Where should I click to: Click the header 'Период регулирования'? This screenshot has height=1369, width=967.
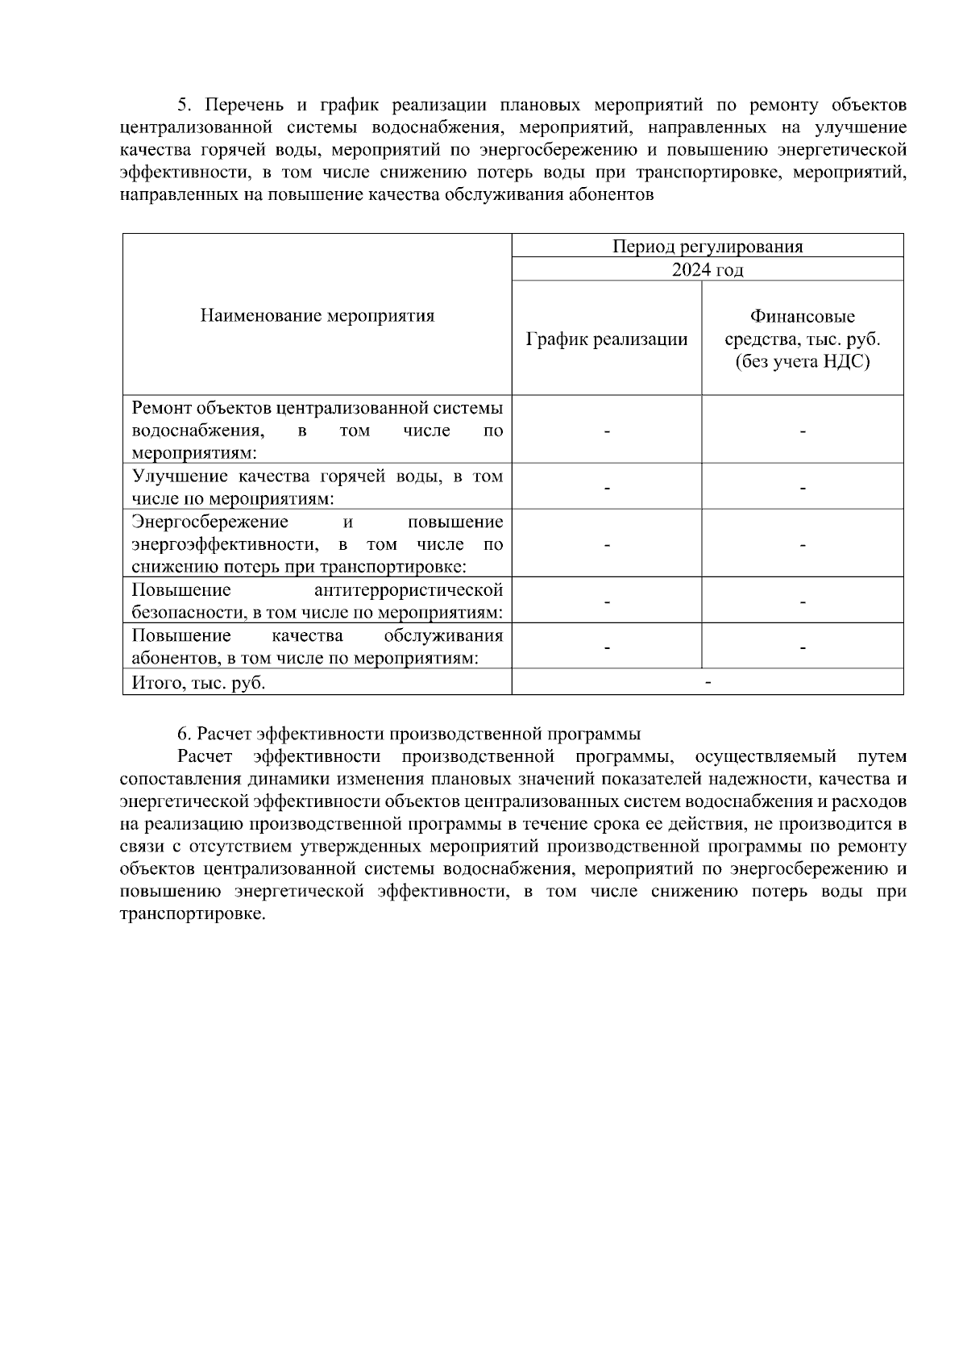click(x=707, y=246)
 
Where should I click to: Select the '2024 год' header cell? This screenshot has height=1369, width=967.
click(x=707, y=269)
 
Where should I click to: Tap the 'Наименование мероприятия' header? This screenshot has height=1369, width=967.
click(x=317, y=315)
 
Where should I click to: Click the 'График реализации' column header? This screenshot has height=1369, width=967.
click(x=606, y=339)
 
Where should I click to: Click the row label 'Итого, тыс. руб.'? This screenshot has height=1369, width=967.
click(x=198, y=683)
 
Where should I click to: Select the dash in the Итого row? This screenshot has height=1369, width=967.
click(x=708, y=682)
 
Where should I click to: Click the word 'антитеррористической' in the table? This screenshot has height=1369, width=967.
click(x=409, y=590)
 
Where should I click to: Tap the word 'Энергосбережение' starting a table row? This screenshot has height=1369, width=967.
click(x=210, y=522)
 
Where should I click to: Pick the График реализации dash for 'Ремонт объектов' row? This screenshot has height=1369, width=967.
click(x=607, y=431)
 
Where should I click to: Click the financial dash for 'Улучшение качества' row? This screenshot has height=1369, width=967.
click(x=803, y=488)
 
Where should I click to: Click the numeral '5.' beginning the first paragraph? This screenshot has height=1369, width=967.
click(x=183, y=105)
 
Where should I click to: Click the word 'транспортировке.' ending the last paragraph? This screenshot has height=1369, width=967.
click(x=192, y=914)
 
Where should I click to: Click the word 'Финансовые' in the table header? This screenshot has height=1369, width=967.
click(x=802, y=316)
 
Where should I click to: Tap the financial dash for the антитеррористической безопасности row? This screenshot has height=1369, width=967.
click(x=803, y=601)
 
